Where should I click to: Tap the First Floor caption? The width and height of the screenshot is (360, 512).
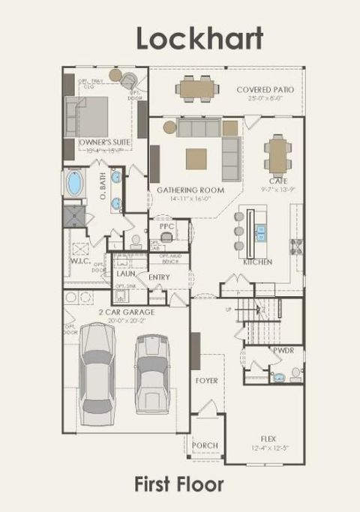coord(179,484)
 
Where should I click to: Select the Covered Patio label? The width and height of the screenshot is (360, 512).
coord(265,90)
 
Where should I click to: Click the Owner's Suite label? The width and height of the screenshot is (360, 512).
coord(104,141)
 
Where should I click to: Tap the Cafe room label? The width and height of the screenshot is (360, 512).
coord(278,181)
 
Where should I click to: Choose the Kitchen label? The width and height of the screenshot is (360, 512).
coord(257,262)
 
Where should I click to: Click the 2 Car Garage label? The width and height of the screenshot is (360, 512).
coord(126,311)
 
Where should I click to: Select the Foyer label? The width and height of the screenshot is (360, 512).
coord(206,381)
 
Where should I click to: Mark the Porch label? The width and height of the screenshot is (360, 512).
coord(205,445)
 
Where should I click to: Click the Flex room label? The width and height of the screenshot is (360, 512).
coord(268,437)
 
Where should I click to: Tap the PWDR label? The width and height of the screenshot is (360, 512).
coord(283,350)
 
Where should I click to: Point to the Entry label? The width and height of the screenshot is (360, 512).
coord(159,277)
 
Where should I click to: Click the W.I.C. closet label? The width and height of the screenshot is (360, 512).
coord(80,262)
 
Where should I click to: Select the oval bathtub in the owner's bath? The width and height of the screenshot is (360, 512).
coord(76,183)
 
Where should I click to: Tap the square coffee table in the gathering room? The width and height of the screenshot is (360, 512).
coord(196,158)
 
